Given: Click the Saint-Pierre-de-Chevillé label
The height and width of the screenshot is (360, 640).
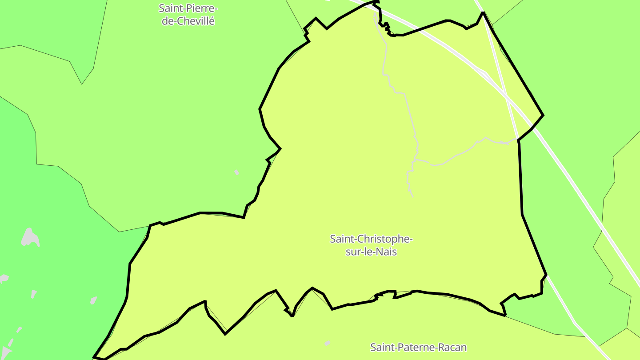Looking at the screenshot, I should (188, 15).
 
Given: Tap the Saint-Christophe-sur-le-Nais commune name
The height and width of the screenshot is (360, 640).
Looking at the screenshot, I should (371, 245).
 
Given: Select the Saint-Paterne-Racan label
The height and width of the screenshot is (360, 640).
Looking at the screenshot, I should (419, 347).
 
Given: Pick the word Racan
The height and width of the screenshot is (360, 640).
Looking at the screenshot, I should (452, 347).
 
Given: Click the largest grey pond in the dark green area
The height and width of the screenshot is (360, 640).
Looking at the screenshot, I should (30, 238).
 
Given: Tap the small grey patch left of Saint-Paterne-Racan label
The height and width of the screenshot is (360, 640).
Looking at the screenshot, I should (328, 343).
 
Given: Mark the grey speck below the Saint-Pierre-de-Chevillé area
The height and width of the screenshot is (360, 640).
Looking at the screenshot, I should (237, 172).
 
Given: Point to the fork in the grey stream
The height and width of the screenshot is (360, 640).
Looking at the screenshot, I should (416, 159).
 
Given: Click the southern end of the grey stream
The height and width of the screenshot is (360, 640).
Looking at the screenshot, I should (413, 196).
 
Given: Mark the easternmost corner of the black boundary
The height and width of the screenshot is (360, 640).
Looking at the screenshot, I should (543, 116).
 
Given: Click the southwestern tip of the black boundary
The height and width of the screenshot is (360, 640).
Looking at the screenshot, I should (94, 357).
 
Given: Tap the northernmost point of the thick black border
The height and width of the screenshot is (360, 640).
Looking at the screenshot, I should (376, 2).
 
